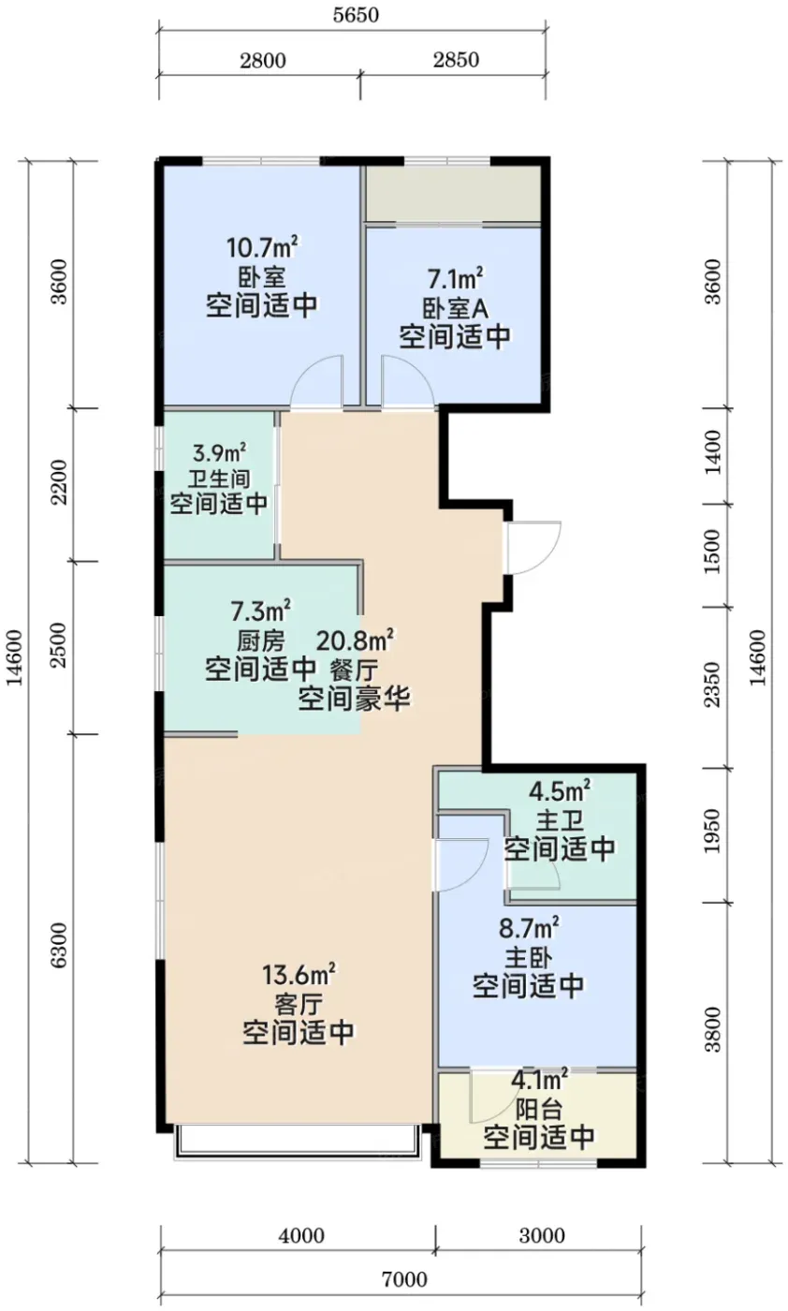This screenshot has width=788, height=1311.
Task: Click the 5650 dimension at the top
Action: coord(356,15)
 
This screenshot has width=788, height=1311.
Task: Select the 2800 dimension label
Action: coord(263,60)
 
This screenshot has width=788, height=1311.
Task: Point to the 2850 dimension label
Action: coord(456,60)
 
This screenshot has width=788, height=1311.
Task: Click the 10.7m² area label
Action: coord(263,247)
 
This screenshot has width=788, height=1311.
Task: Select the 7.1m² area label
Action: coord(456,279)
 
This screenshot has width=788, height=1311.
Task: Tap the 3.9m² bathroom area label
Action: coord(219,453)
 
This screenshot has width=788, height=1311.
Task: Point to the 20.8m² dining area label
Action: coord(355,641)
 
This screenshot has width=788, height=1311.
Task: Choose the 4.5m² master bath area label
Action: coord(560,791)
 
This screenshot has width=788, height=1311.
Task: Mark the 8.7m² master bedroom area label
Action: coord(528,928)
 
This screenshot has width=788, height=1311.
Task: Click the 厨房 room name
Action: coord(261,641)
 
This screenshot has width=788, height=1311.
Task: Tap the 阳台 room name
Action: coord(539,1109)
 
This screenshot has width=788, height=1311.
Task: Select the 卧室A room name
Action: coord(455,308)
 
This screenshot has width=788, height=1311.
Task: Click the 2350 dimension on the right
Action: coord(712,685)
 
